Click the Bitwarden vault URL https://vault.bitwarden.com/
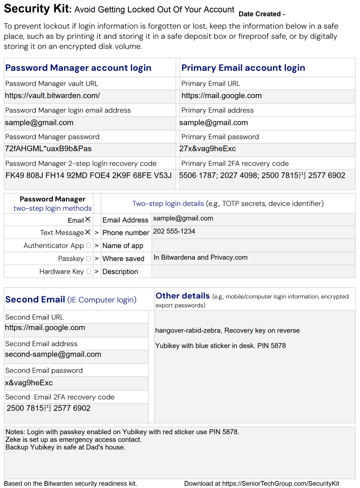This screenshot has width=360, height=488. coord(52,96)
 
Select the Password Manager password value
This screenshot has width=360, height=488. coord(48,148)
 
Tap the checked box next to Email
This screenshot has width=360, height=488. coord(88,220)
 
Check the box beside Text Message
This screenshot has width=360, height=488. coord(88,232)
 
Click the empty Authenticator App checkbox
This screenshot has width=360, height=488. coord(89,246)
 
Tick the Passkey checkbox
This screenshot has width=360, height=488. coord(89,259)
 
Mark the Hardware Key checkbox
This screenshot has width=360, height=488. coord(89,272)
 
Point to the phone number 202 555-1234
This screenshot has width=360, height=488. coord(174,231)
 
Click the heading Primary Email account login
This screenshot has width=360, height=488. coord(243,68)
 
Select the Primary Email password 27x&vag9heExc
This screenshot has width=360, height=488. coord(207,148)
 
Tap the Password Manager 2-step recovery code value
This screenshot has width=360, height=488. coord(89,175)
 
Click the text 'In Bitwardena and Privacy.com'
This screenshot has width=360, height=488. coord(200,258)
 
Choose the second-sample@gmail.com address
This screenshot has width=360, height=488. coord(53,354)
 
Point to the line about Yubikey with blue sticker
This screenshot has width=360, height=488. coord(221,346)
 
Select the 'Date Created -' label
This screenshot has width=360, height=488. coord(262,14)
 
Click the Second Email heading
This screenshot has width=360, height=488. coord(35,299)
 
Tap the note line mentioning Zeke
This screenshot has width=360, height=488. coord(74,440)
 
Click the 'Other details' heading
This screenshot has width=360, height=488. coord(183,296)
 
